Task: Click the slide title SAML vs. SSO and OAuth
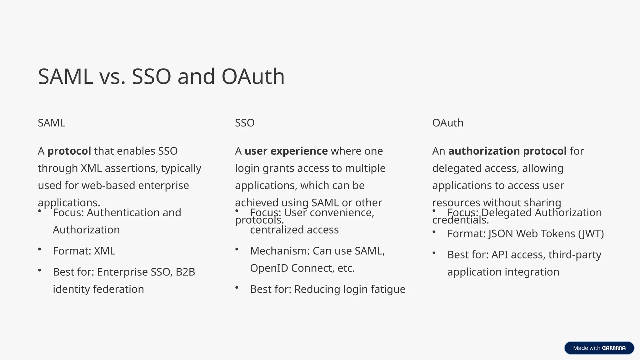(161, 77)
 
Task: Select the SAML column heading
(52, 123)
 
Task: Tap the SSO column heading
(245, 123)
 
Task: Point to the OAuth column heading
(447, 123)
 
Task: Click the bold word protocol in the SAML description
(69, 151)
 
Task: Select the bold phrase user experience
(286, 151)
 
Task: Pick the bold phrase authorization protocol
(507, 151)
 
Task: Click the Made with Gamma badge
(599, 348)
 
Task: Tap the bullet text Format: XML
(84, 251)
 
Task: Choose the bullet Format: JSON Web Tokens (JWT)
(525, 234)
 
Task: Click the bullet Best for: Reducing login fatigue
(327, 289)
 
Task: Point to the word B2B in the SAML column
(185, 272)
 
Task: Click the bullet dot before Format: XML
(40, 249)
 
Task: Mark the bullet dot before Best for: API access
(434, 253)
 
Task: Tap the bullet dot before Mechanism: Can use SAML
(237, 249)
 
